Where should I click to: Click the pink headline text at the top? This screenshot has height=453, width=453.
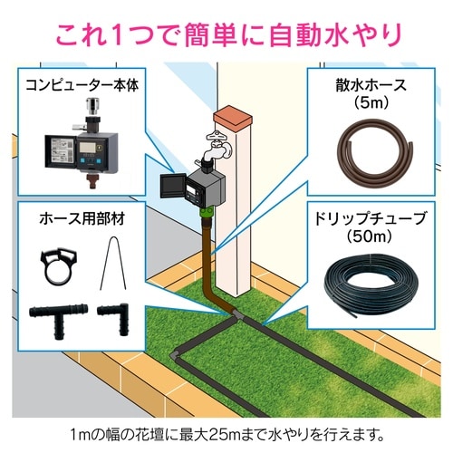click(x=226, y=36)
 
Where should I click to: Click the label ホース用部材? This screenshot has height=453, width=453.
click(x=82, y=218)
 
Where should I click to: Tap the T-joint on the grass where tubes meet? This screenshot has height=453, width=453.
click(x=238, y=313)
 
